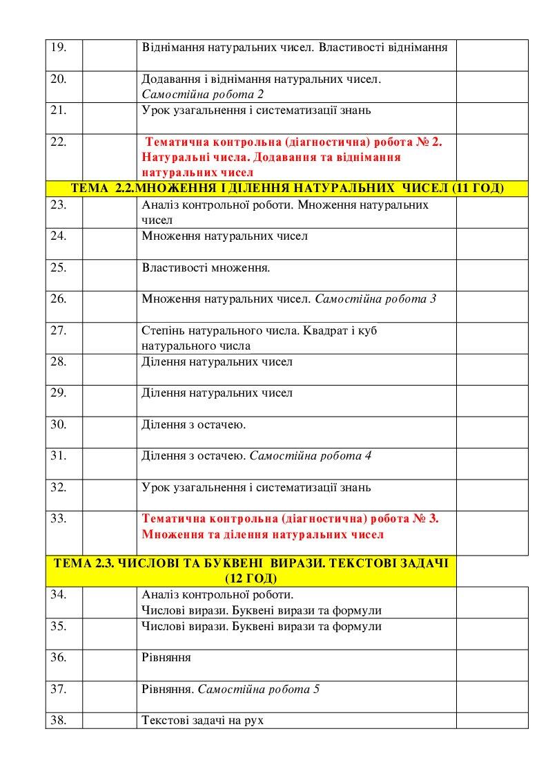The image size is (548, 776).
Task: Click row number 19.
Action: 59,48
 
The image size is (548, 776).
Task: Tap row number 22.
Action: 59,142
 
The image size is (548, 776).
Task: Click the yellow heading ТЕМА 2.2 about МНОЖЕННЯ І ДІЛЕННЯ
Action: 286,189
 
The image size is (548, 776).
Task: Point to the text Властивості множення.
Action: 206,267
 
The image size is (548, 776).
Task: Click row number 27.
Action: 59,330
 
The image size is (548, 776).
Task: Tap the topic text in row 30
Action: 193,424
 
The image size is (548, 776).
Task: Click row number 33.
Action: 59,519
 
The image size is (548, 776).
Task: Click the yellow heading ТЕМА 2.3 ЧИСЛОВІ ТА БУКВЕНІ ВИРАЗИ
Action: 251,564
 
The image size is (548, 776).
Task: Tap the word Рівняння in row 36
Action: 166,657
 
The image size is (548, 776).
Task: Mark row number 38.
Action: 59,720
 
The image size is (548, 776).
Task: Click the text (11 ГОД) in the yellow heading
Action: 467,189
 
